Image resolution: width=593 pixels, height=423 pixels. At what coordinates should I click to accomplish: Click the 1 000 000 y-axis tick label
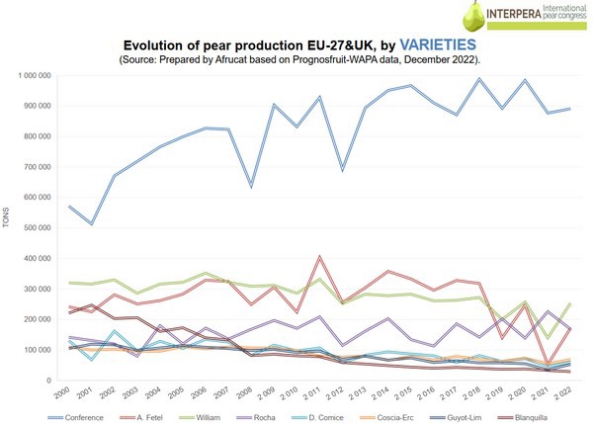click(35, 75)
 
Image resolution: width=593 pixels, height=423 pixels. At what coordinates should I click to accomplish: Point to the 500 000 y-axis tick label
click(37, 227)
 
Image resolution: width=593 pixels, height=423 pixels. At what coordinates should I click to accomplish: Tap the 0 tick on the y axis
click(47, 381)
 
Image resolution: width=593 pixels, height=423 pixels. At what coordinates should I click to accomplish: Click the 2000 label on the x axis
click(62, 393)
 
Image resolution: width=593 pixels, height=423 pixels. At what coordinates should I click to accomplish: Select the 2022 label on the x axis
click(561, 393)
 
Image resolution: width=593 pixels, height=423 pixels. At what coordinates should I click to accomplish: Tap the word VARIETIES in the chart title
click(432, 45)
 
